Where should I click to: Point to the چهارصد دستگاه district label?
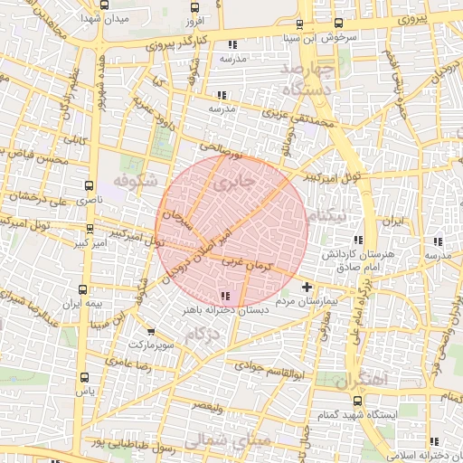tap(307, 80)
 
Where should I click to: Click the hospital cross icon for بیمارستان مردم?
tap(307, 287)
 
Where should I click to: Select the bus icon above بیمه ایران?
tap(83, 290)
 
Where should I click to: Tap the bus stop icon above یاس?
tap(85, 378)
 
